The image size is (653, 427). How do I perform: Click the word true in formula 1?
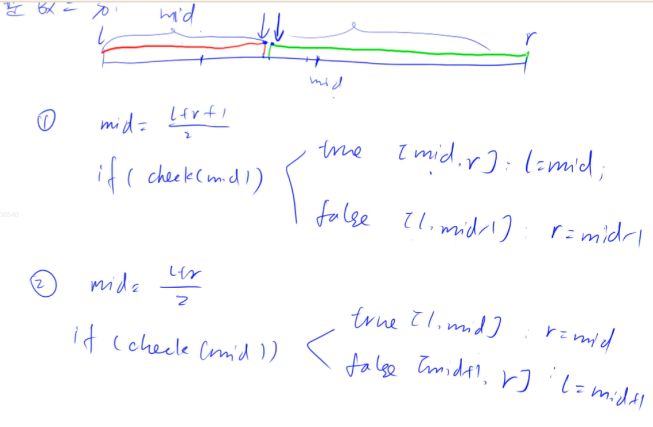(339, 151)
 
